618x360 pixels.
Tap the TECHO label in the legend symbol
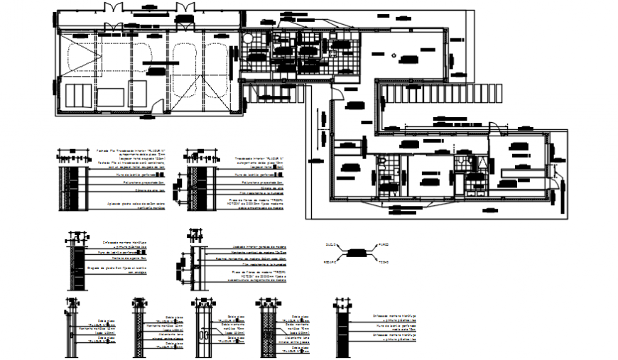tap(383, 263)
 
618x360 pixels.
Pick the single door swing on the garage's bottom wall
tap(158, 106)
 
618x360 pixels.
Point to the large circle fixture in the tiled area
tap(249, 40)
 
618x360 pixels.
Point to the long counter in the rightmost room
tap(520, 170)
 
